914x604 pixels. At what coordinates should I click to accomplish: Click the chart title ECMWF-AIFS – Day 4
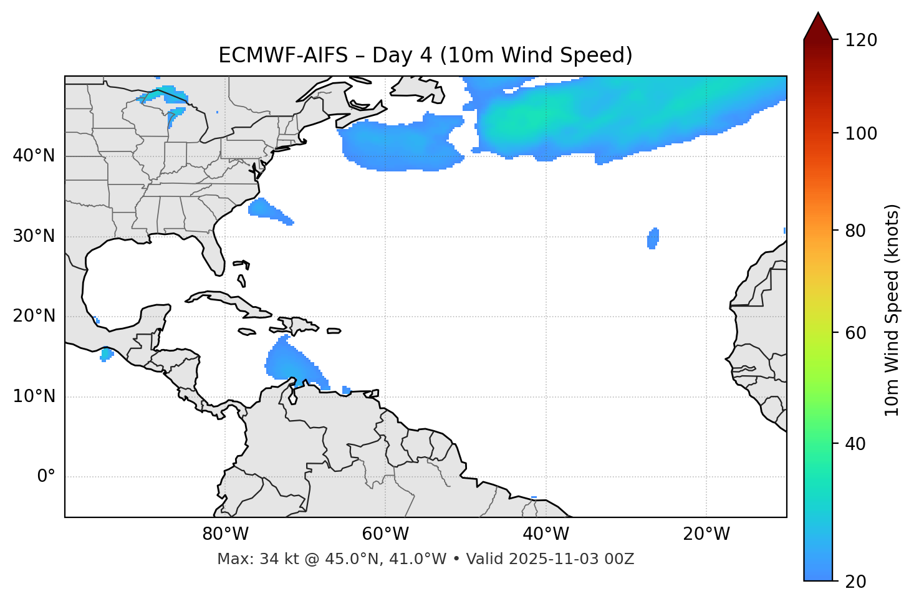(x=425, y=55)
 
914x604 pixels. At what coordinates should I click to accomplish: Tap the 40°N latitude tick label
(x=34, y=156)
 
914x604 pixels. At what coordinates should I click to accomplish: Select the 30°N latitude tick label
(x=34, y=236)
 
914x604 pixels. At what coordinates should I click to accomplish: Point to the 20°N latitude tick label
(x=34, y=316)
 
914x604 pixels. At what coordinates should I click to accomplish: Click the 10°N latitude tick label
(x=34, y=396)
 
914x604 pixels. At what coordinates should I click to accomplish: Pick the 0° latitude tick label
(x=46, y=477)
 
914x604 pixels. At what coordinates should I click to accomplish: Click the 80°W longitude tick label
(x=225, y=534)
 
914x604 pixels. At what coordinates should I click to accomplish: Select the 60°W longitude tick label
(x=385, y=534)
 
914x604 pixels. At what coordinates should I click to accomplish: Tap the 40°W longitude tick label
(x=546, y=534)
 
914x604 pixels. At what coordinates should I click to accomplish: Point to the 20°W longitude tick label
(x=706, y=534)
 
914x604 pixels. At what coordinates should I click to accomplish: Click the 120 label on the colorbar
(x=860, y=41)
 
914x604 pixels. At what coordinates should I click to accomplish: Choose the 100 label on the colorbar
(x=860, y=133)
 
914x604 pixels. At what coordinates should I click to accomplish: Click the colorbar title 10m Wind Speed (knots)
(x=892, y=310)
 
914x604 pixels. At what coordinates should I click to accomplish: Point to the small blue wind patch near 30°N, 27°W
(x=653, y=238)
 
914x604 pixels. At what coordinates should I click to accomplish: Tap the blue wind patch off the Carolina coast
(x=267, y=209)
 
